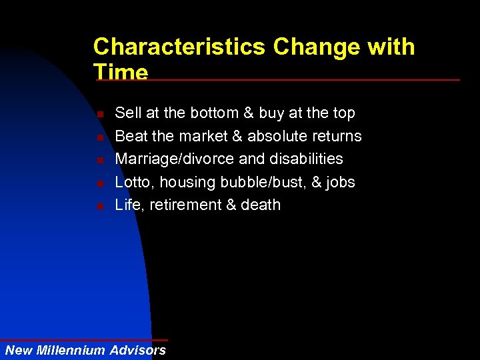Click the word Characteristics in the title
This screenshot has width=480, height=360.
tap(179, 47)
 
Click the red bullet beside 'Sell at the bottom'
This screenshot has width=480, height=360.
tap(99, 115)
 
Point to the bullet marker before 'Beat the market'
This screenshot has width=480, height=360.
tap(99, 137)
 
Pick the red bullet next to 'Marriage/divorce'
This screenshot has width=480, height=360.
tap(99, 160)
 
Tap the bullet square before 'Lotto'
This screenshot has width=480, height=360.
tap(99, 183)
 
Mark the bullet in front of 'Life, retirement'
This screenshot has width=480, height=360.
tap(99, 205)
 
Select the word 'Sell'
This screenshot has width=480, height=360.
tap(127, 113)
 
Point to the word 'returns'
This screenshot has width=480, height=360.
tap(336, 136)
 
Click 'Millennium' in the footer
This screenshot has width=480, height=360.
tap(73, 350)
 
